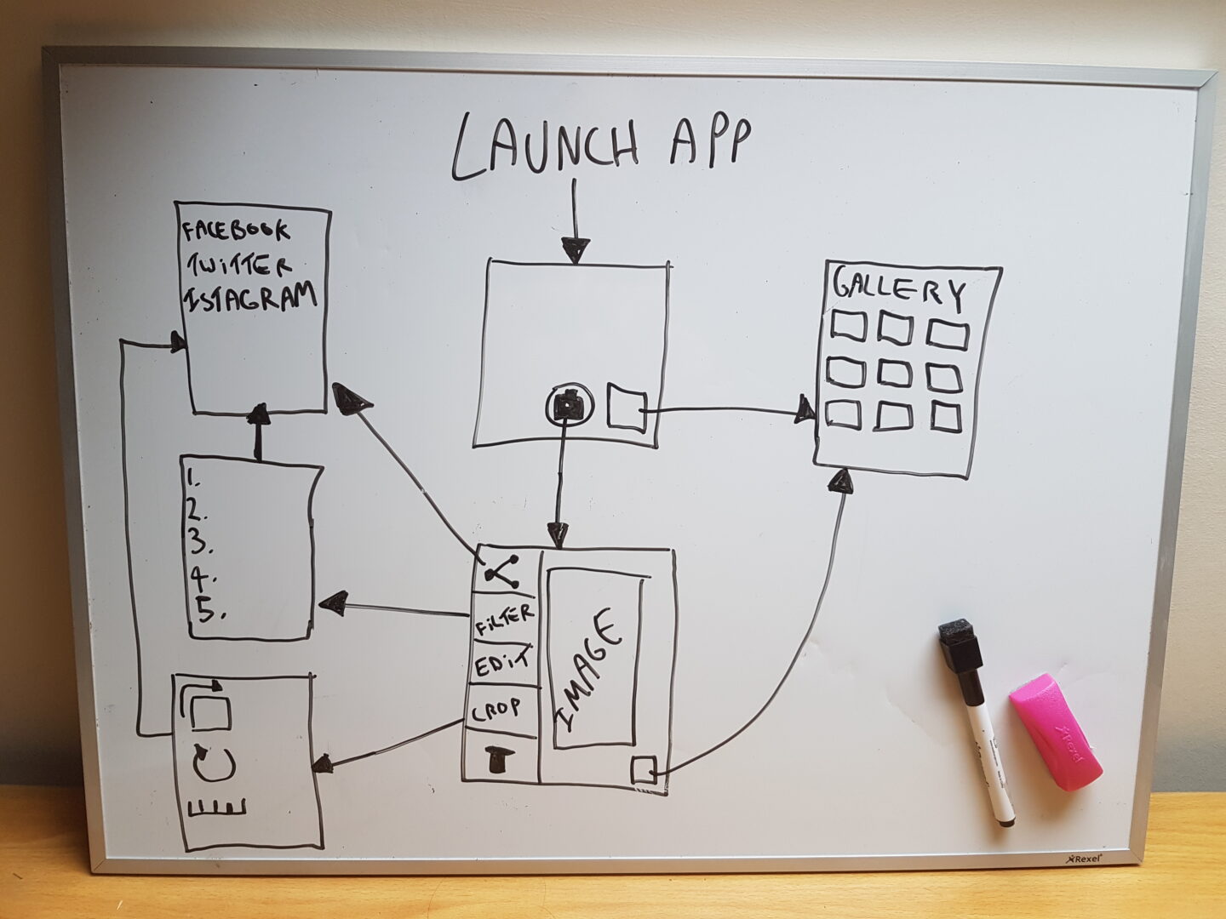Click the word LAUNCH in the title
coord(545,146)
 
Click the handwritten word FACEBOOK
coord(237,231)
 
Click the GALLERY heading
coord(900,288)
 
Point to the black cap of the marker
coord(959,644)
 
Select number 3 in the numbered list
coord(197,542)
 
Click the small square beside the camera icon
coord(626,408)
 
